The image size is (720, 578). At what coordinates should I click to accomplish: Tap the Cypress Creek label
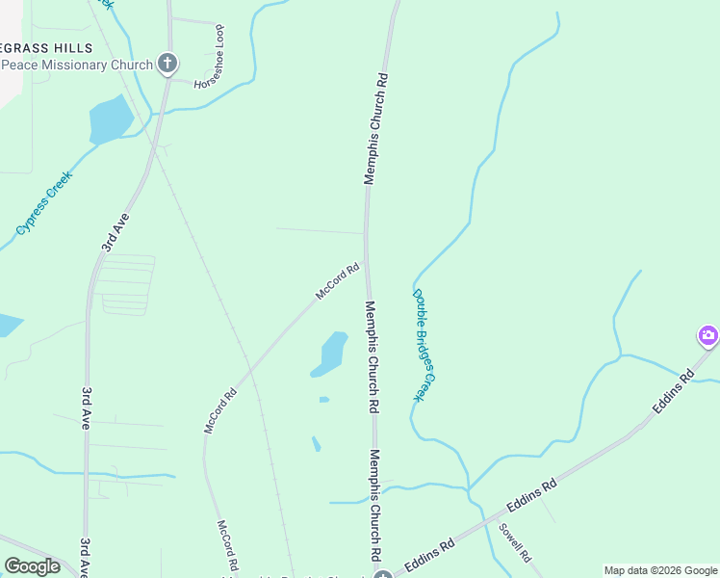[45, 204]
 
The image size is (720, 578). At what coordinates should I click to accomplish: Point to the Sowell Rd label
[515, 542]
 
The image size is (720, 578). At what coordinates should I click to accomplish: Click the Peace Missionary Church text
[77, 65]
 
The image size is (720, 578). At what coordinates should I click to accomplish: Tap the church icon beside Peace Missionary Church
[167, 65]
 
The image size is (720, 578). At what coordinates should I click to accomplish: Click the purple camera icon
[708, 335]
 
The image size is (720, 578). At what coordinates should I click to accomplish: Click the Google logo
[32, 565]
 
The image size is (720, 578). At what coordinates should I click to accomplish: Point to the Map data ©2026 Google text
[659, 570]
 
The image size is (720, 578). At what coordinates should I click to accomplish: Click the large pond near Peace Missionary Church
[111, 119]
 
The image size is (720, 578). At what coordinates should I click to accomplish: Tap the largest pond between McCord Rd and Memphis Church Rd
[331, 354]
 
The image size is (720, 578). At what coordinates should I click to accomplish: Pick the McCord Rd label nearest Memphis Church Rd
[338, 280]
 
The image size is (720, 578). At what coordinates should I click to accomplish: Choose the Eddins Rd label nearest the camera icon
[674, 392]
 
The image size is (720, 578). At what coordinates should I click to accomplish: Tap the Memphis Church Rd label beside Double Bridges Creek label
[372, 356]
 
